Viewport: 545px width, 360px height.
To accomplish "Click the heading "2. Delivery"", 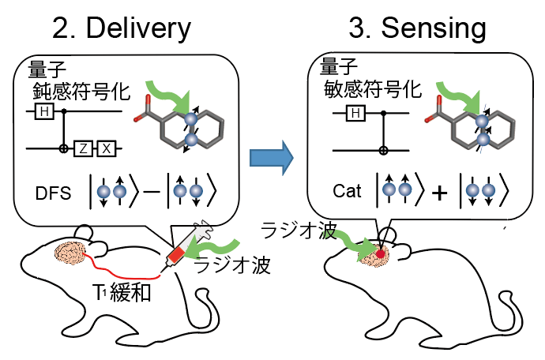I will (122, 29).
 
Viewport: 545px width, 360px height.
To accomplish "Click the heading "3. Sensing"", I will (418, 29).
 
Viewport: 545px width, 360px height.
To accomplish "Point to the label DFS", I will (51, 192).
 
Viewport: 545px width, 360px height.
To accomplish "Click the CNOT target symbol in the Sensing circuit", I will (383, 148).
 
